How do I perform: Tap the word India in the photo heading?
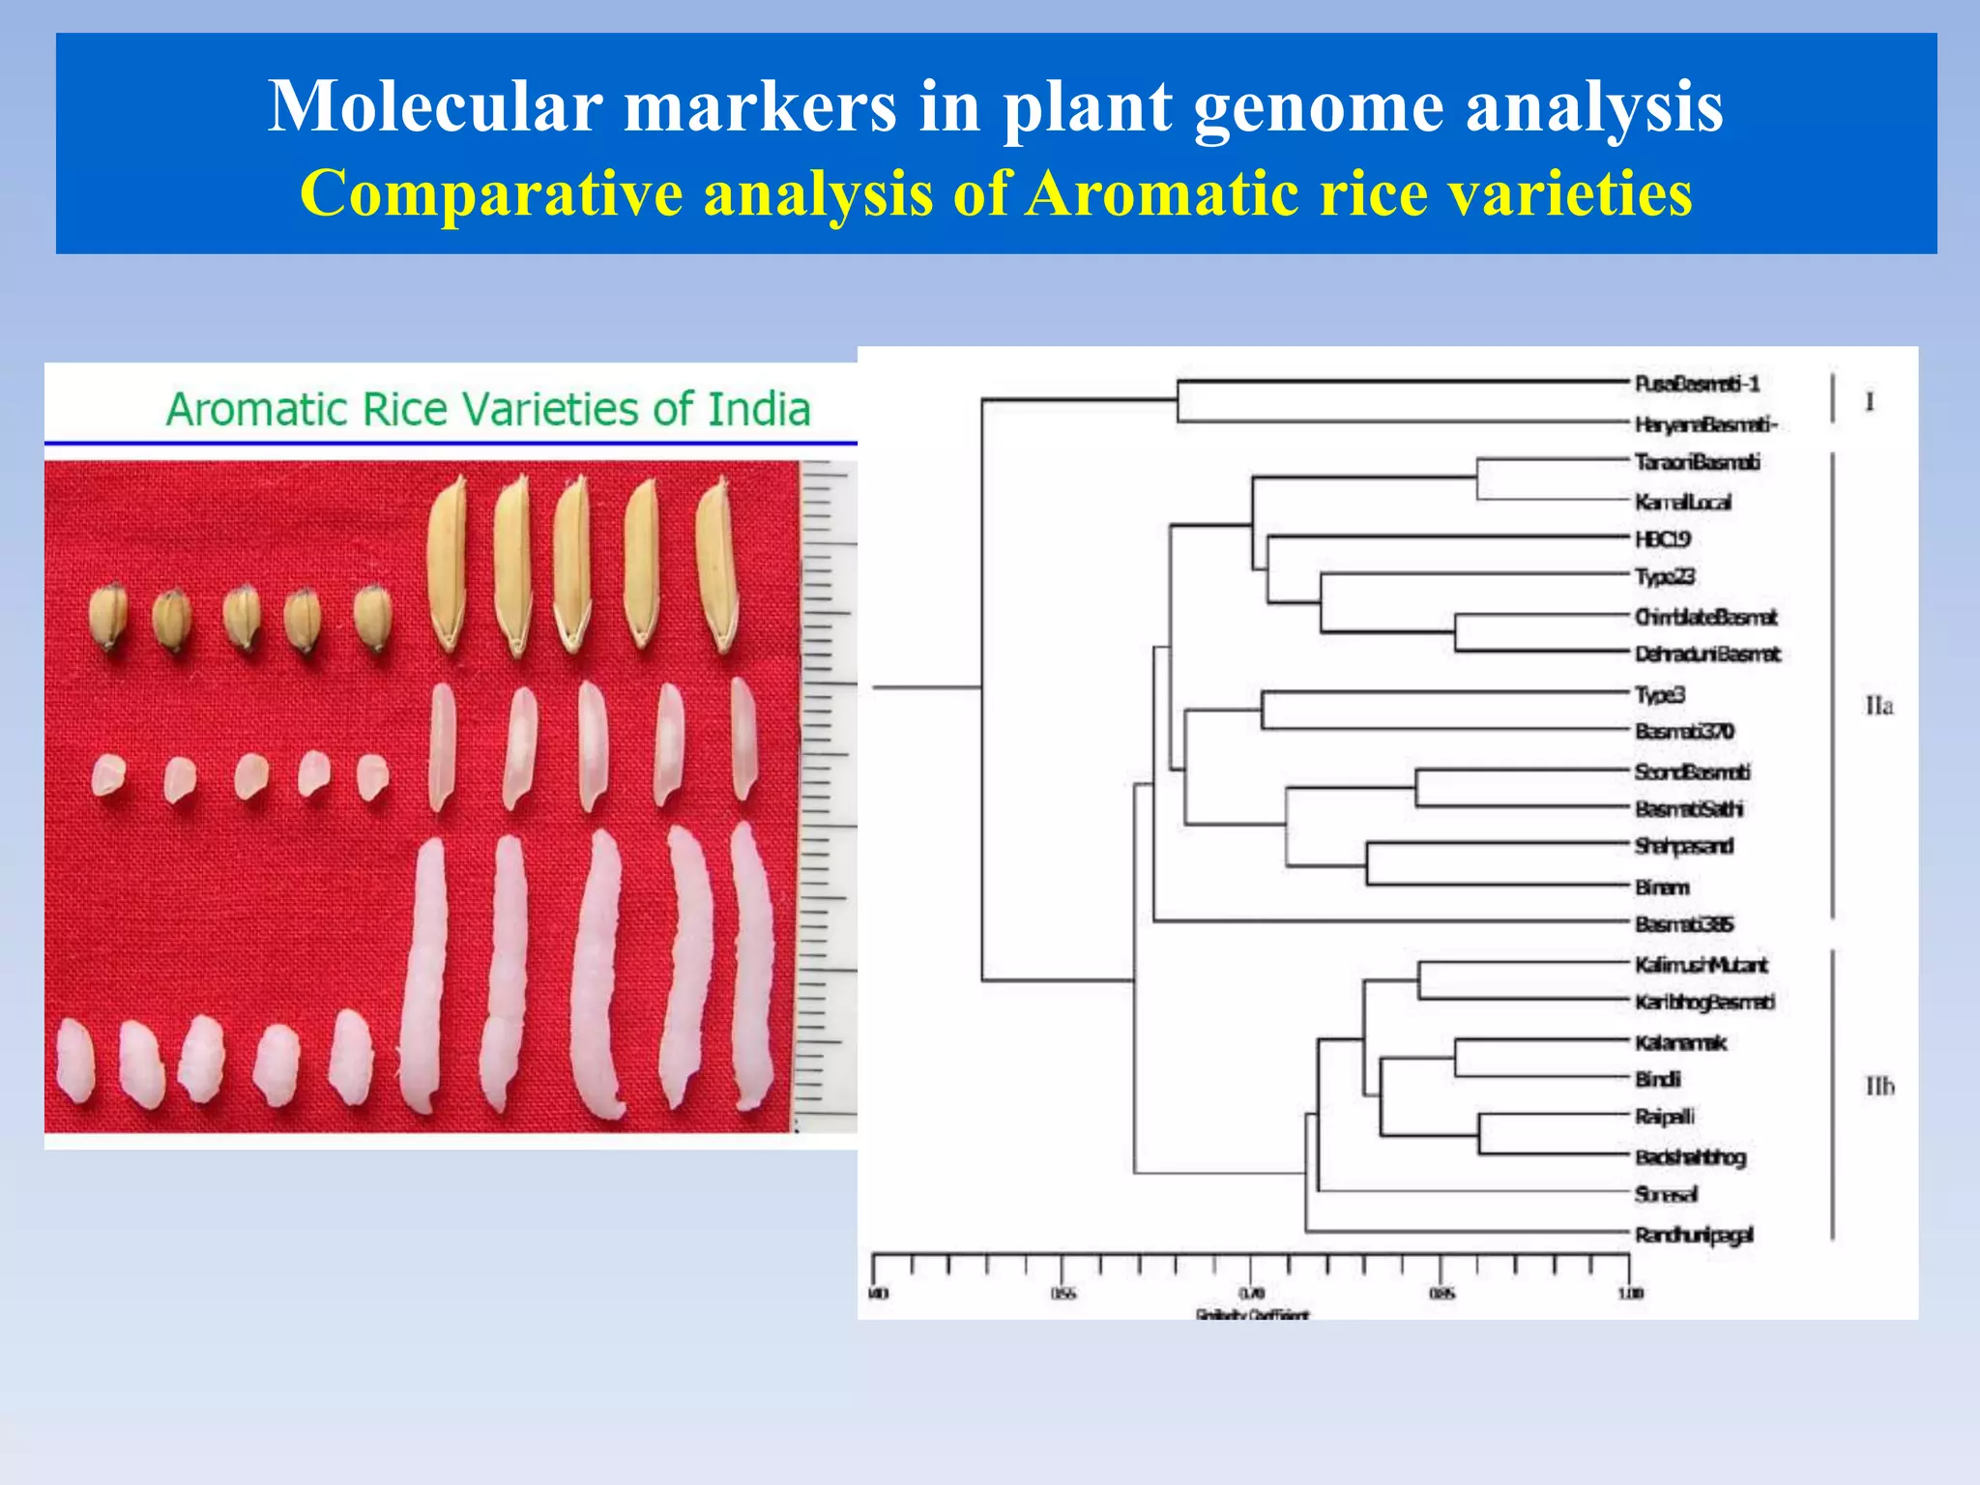[x=759, y=409]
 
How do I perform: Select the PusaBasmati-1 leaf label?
[x=1697, y=384]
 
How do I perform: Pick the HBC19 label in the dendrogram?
[x=1663, y=539]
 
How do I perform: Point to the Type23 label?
[x=1665, y=577]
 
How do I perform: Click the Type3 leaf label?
[x=1660, y=694]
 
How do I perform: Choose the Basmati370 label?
[x=1684, y=731]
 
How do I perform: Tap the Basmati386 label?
[x=1684, y=924]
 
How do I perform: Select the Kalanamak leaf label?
[x=1680, y=1042]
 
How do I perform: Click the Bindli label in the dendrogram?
[x=1658, y=1079]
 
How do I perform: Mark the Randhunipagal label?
[x=1694, y=1235]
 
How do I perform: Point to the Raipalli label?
[x=1665, y=1117]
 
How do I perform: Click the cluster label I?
[x=1870, y=402]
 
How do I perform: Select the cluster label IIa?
[x=1878, y=707]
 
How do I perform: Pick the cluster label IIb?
[x=1879, y=1088]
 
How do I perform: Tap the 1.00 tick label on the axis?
[x=1630, y=1294]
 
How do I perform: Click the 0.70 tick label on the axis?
[x=1251, y=1294]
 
